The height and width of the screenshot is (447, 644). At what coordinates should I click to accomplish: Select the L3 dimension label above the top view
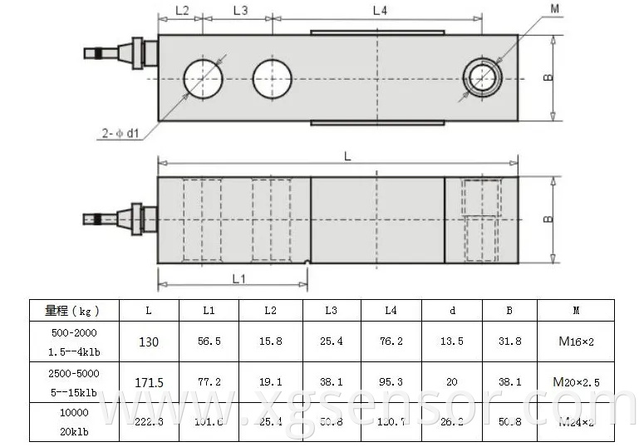[x=240, y=11]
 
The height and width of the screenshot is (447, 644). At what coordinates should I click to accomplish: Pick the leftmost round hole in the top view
[x=204, y=77]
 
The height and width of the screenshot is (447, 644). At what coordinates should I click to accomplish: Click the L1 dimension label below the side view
[x=238, y=279]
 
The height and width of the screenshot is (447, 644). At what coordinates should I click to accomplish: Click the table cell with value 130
[x=149, y=341]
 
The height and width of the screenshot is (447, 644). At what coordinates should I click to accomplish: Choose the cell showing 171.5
[x=149, y=382]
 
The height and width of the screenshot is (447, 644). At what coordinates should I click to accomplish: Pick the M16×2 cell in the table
[x=575, y=341]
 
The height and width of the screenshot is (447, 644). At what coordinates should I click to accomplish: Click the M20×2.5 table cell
[x=575, y=382]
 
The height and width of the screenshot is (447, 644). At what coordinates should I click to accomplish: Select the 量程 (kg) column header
[x=72, y=311]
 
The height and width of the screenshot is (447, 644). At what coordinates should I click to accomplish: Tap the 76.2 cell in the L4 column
[x=391, y=341]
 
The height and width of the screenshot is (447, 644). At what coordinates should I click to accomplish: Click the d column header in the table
[x=452, y=311]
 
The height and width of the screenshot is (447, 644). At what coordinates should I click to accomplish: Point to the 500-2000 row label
[x=72, y=333]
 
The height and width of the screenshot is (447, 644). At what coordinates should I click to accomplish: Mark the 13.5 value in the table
[x=452, y=341]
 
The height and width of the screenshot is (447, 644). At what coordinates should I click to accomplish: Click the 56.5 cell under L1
[x=209, y=341]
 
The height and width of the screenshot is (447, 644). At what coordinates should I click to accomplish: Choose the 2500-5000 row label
[x=72, y=374]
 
